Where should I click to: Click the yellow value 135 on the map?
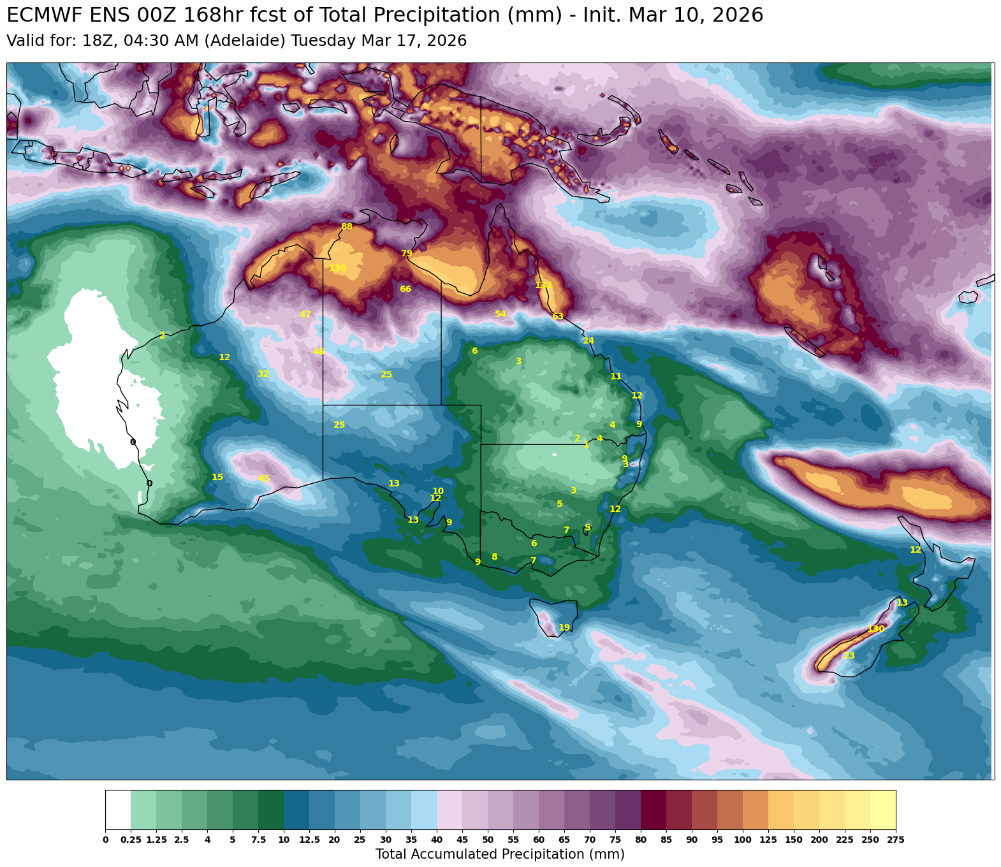[338, 268]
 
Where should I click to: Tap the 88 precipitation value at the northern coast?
[347, 226]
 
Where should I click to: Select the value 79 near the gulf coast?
[407, 254]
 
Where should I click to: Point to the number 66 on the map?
[406, 289]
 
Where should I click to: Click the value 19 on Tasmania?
[564, 628]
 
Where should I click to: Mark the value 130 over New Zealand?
[876, 629]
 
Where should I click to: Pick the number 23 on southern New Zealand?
[849, 656]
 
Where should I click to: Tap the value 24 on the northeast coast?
[588, 341]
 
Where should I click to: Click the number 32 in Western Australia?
[263, 374]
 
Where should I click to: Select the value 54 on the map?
[500, 314]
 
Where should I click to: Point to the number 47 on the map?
[305, 314]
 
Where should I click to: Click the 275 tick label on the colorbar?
[896, 840]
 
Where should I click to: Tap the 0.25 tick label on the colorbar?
[131, 840]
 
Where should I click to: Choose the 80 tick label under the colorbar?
[641, 840]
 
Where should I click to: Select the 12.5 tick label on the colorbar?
[309, 840]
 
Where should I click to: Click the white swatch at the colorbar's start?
[118, 810]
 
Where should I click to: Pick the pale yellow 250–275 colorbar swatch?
[883, 810]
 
